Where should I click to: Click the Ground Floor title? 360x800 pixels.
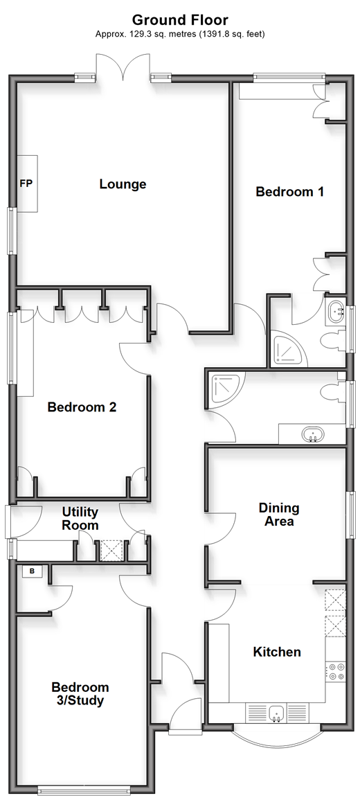tap(180, 20)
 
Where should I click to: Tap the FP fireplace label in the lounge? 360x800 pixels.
tap(26, 184)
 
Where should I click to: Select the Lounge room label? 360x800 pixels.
tap(123, 184)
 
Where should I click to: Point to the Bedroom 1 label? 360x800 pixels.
tap(290, 192)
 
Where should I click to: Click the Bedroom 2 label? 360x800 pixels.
tap(82, 407)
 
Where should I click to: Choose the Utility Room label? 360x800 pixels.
tap(80, 518)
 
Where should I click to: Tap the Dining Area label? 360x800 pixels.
tap(279, 514)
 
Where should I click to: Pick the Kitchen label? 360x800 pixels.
tap(277, 652)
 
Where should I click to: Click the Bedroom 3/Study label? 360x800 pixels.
tap(80, 694)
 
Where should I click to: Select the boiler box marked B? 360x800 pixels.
tap(32, 571)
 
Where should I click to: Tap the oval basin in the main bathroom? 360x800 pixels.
tap(312, 435)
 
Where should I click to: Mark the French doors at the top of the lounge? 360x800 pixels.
tap(123, 66)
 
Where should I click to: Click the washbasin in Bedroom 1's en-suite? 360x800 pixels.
tap(336, 310)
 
